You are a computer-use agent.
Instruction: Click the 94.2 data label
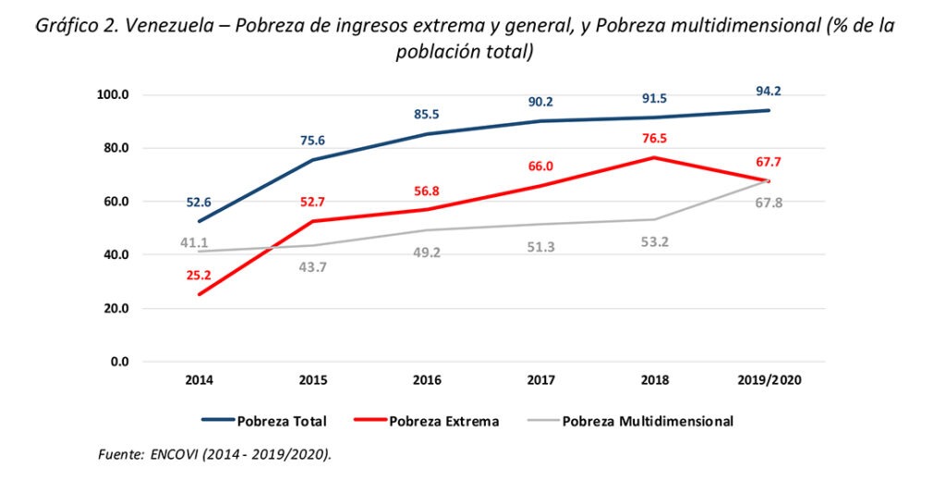coord(768,91)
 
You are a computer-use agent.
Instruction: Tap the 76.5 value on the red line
coord(654,139)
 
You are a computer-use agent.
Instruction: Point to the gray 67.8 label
coord(768,203)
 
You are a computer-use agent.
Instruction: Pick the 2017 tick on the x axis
coord(540,380)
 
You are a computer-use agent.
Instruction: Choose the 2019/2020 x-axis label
coord(768,380)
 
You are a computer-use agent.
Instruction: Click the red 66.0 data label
coord(540,166)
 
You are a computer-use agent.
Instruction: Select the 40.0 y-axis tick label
coord(114,255)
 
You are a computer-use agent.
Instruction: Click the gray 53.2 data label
coord(654,243)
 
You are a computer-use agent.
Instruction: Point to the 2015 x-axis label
coord(313,380)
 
